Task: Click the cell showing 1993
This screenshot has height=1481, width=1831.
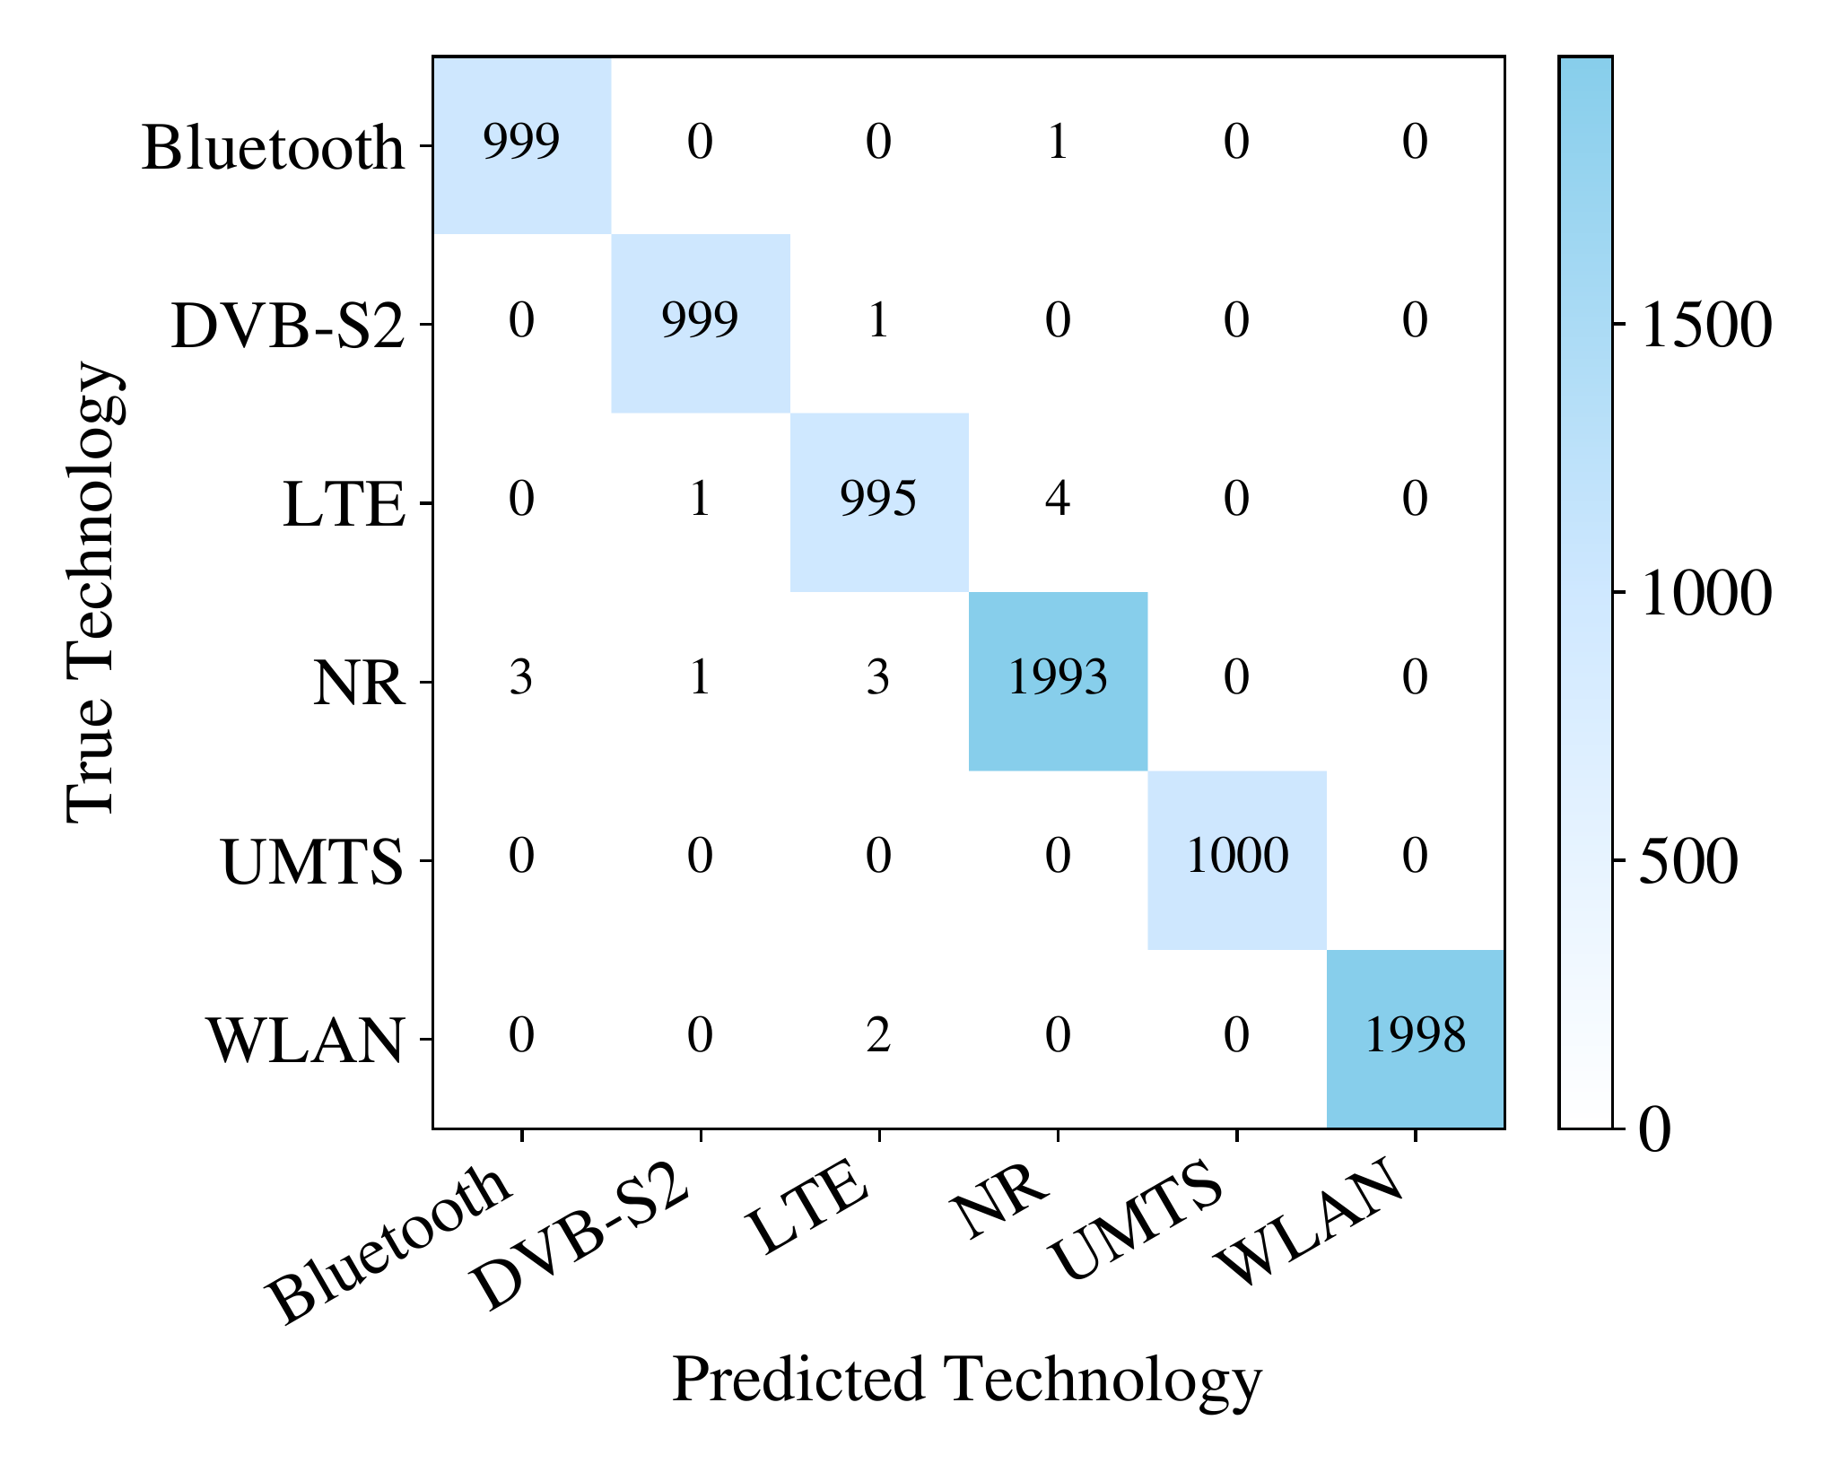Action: point(1058,679)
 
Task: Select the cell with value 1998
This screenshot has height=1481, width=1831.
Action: point(1415,1036)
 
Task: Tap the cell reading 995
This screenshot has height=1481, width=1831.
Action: point(878,500)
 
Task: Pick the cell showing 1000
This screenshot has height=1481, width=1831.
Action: point(1237,857)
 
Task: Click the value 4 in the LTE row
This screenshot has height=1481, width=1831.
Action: point(1058,500)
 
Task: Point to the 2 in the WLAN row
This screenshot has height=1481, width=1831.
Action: point(878,1036)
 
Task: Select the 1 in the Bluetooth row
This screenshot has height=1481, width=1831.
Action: point(1058,143)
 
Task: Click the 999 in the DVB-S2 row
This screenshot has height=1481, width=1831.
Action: point(700,321)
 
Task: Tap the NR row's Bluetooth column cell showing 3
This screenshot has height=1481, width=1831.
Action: point(521,679)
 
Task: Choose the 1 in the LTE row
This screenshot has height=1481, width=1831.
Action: point(700,500)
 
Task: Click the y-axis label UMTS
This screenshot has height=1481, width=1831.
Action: point(312,863)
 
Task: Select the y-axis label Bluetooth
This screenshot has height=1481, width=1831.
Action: point(273,148)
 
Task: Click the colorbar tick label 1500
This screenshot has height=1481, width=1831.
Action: point(1705,326)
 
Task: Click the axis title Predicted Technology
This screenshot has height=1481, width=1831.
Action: point(967,1380)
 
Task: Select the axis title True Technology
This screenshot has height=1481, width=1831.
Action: point(92,592)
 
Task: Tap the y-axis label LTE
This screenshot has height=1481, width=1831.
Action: point(344,505)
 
